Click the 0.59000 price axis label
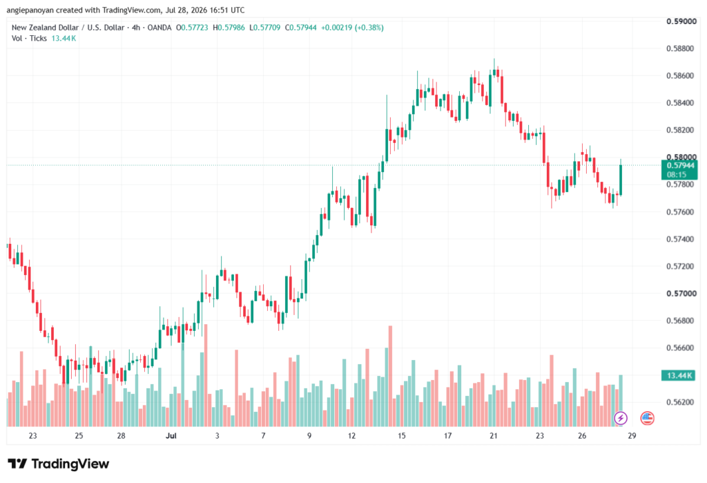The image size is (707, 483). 681,21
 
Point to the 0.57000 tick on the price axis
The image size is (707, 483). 681,294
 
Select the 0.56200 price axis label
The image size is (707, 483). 681,402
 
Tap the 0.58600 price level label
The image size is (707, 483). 681,75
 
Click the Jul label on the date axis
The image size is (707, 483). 171,435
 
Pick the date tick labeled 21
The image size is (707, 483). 494,435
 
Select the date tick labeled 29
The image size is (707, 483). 632,435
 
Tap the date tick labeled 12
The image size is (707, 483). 351,435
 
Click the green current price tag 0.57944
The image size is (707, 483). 679,170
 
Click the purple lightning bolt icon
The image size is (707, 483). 621,418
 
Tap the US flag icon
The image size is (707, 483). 647,418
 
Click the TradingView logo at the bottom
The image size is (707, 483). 59,464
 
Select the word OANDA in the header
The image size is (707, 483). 159,28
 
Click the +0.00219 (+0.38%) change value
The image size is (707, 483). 352,28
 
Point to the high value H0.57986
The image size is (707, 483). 229,28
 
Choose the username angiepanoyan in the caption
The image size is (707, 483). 30,10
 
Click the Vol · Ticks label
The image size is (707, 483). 29,39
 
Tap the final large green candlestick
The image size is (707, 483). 621,180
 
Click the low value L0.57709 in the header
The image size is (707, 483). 264,28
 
